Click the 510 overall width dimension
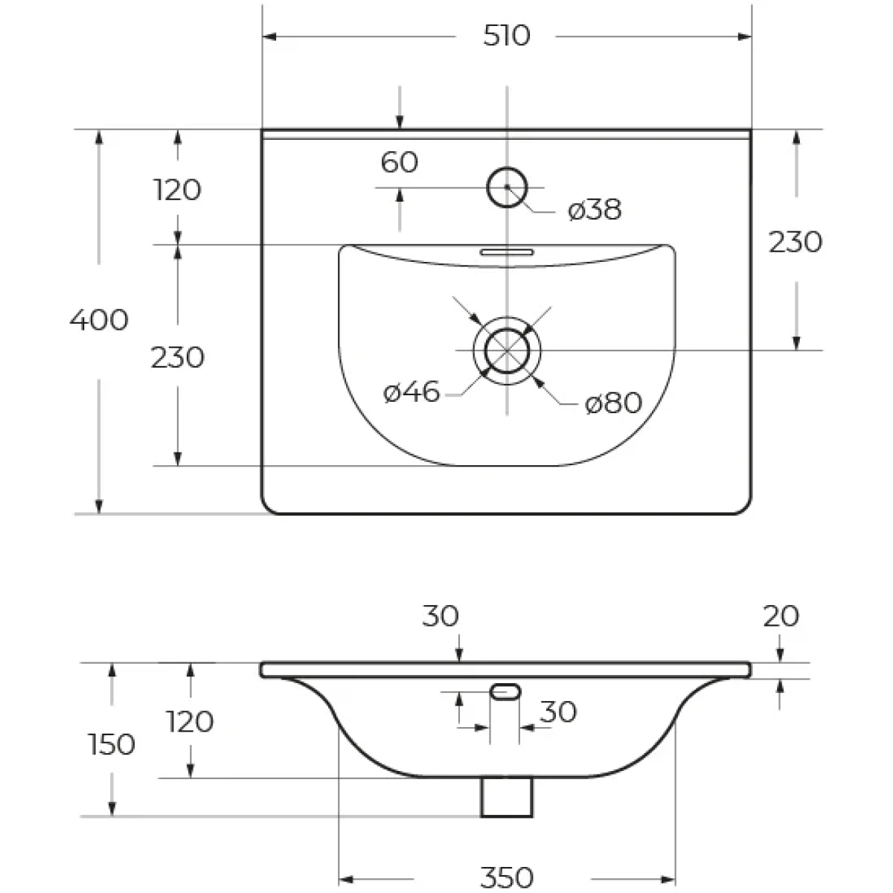[x=506, y=36]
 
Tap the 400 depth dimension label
[x=99, y=320]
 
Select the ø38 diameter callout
[x=595, y=210]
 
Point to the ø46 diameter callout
[x=412, y=392]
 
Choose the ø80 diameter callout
[x=613, y=403]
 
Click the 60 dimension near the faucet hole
[x=400, y=162]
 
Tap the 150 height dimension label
[x=112, y=745]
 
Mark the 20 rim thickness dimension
[x=781, y=616]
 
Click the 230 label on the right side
[x=796, y=242]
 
